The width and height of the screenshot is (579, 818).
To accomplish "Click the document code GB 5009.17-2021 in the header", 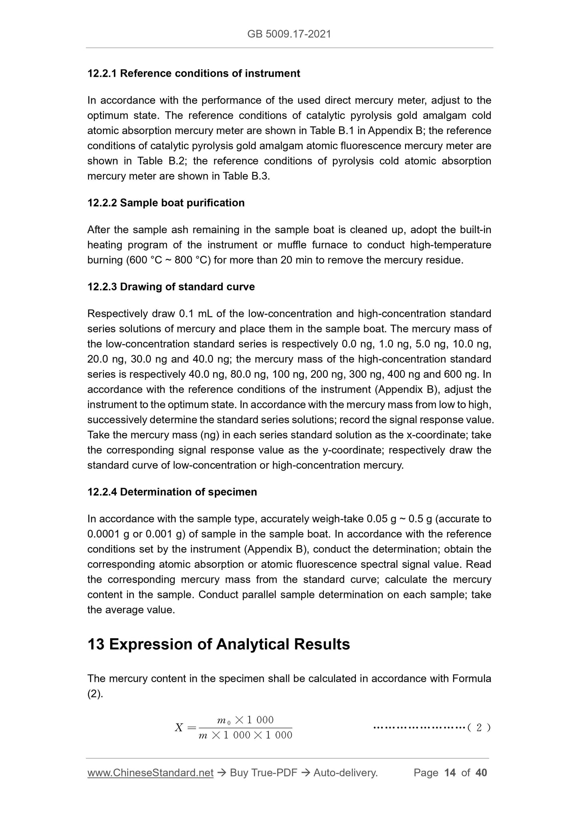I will [289, 34].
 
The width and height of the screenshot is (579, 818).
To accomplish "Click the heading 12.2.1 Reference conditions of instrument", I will [194, 74].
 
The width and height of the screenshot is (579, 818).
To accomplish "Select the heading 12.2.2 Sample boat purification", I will [166, 203].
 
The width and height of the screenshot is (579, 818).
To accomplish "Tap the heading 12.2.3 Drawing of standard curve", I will [171, 287].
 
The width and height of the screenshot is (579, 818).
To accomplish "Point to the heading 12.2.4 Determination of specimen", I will [172, 492].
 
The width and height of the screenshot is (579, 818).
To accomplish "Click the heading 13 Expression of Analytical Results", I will [219, 644].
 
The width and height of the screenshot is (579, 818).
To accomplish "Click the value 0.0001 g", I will [107, 535].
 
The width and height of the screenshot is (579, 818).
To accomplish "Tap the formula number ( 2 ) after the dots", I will [479, 728].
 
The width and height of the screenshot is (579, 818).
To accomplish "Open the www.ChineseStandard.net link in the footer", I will [150, 773].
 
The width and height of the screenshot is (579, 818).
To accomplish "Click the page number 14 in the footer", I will [450, 773].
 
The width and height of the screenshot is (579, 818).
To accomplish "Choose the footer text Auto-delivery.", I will [345, 773].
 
